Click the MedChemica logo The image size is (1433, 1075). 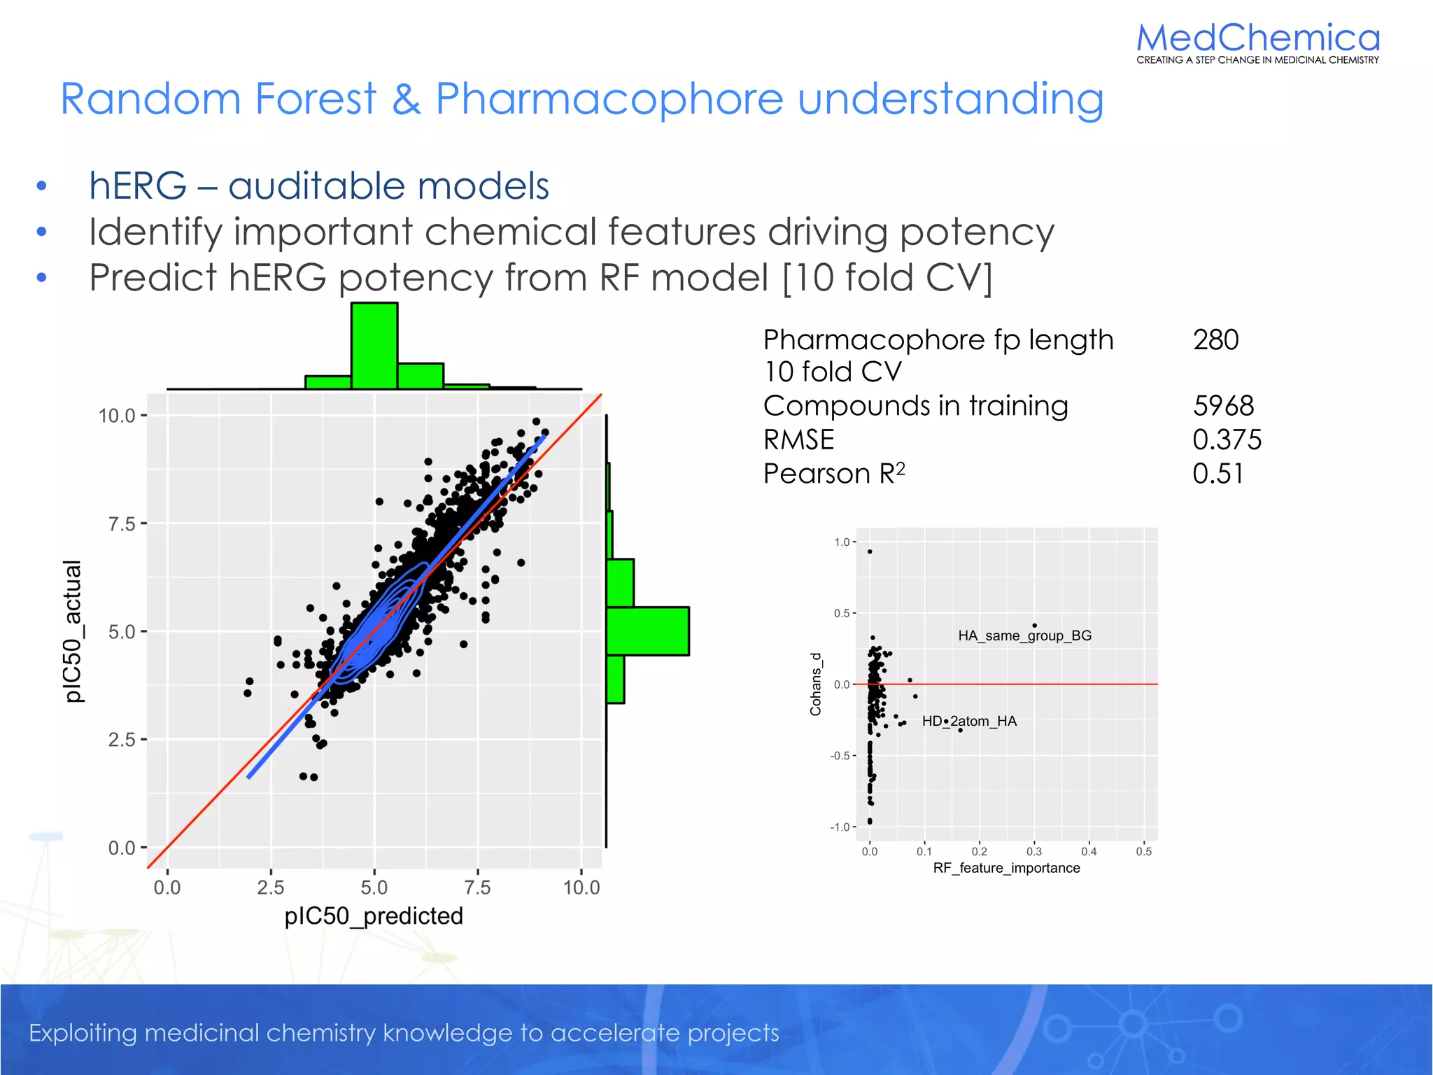pyautogui.click(x=1257, y=42)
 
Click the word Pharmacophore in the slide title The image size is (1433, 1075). pyautogui.click(x=609, y=99)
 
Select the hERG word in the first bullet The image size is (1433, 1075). pyautogui.click(x=138, y=186)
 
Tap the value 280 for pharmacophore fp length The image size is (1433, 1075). pyautogui.click(x=1215, y=340)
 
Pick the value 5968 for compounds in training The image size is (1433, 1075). pyautogui.click(x=1223, y=406)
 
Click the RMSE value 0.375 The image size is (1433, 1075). pyautogui.click(x=1227, y=440)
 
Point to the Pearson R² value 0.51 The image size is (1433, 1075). pyautogui.click(x=1217, y=474)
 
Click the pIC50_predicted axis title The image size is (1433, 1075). pyautogui.click(x=374, y=916)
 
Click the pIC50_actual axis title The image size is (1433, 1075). pyautogui.click(x=73, y=631)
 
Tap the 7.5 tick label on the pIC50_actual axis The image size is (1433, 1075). pyautogui.click(x=122, y=524)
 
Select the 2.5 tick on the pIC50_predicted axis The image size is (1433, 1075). pyautogui.click(x=270, y=887)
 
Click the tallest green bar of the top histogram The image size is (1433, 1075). pyautogui.click(x=374, y=346)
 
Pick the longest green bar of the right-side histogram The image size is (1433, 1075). pyautogui.click(x=647, y=631)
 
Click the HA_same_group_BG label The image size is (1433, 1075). pyautogui.click(x=1024, y=635)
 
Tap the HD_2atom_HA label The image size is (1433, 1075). pyautogui.click(x=969, y=721)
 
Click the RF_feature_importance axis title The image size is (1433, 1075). pyautogui.click(x=1006, y=868)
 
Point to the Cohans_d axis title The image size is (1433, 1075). pyautogui.click(x=815, y=684)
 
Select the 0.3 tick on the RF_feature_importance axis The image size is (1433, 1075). pyautogui.click(x=1033, y=851)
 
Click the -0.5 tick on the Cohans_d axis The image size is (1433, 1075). pyautogui.click(x=839, y=756)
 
